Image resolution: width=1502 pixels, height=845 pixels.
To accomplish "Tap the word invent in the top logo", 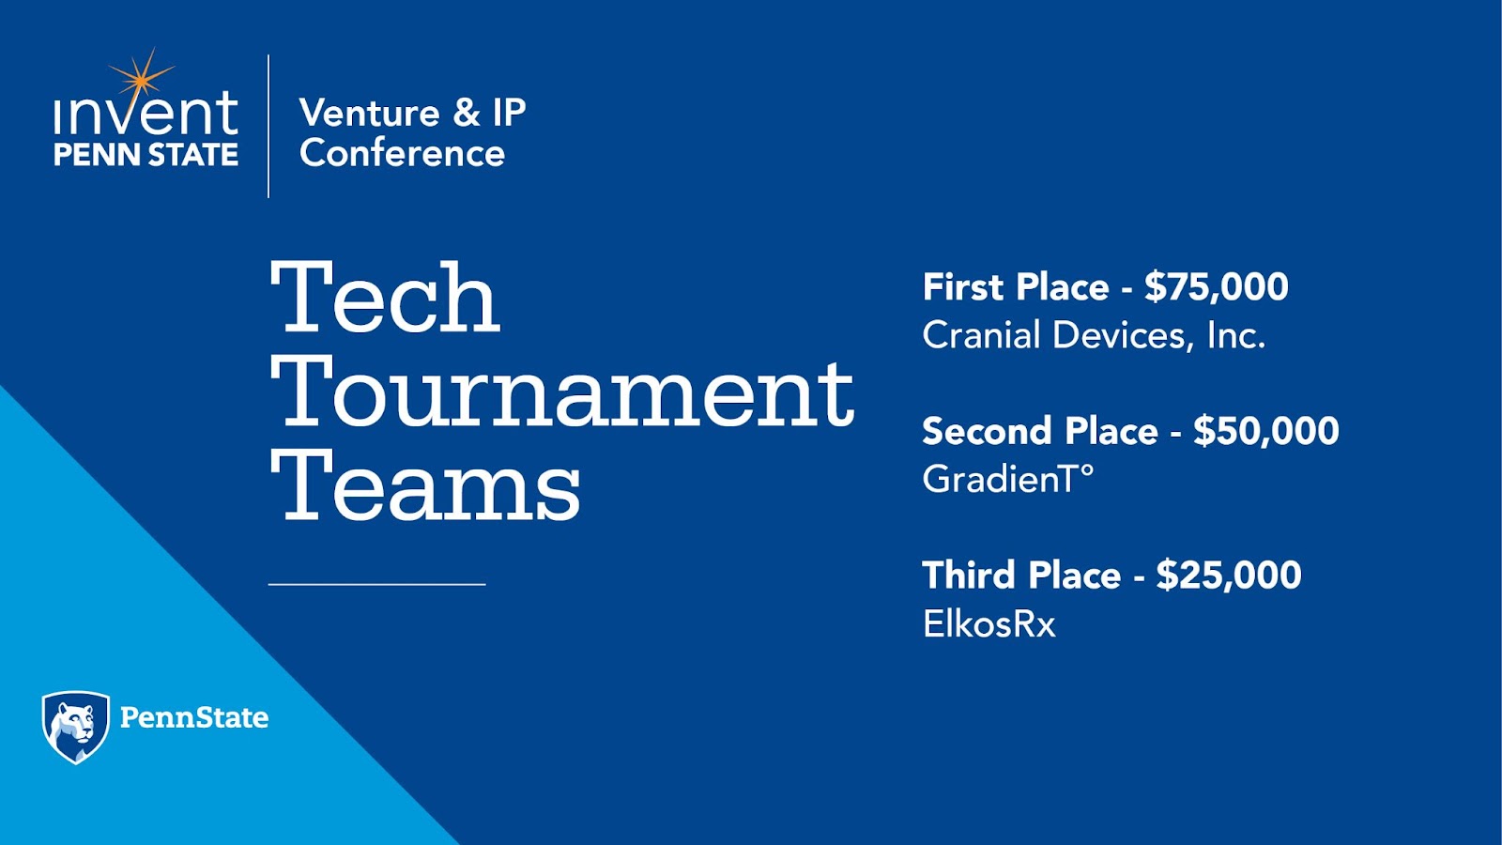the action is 146,114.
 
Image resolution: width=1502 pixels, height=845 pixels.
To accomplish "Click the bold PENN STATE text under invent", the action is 146,154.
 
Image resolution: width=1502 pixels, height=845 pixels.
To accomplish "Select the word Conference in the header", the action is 403,154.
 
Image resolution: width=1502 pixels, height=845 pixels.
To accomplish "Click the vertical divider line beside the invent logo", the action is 268,126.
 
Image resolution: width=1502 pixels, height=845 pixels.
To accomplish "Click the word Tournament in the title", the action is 562,392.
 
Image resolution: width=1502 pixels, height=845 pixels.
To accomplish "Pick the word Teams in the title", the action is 425,486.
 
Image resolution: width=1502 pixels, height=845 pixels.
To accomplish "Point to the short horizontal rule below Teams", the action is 376,585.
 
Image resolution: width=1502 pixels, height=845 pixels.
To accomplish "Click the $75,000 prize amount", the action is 1217,287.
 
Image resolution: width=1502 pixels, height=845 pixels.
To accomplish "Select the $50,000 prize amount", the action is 1266,431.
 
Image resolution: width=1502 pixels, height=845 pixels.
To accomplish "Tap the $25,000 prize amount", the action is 1229,576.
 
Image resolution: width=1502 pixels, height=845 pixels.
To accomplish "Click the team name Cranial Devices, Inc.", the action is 1094,335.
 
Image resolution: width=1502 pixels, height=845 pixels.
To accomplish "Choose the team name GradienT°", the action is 1008,479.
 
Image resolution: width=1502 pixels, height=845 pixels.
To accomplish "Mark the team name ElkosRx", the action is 989,623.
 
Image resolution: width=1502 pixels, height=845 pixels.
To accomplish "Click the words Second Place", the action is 1040,431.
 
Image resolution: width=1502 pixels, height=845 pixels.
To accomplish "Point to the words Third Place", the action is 1021,576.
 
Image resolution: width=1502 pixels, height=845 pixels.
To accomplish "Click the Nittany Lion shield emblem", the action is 76,727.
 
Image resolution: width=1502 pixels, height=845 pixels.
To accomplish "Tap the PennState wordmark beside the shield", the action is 194,717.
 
